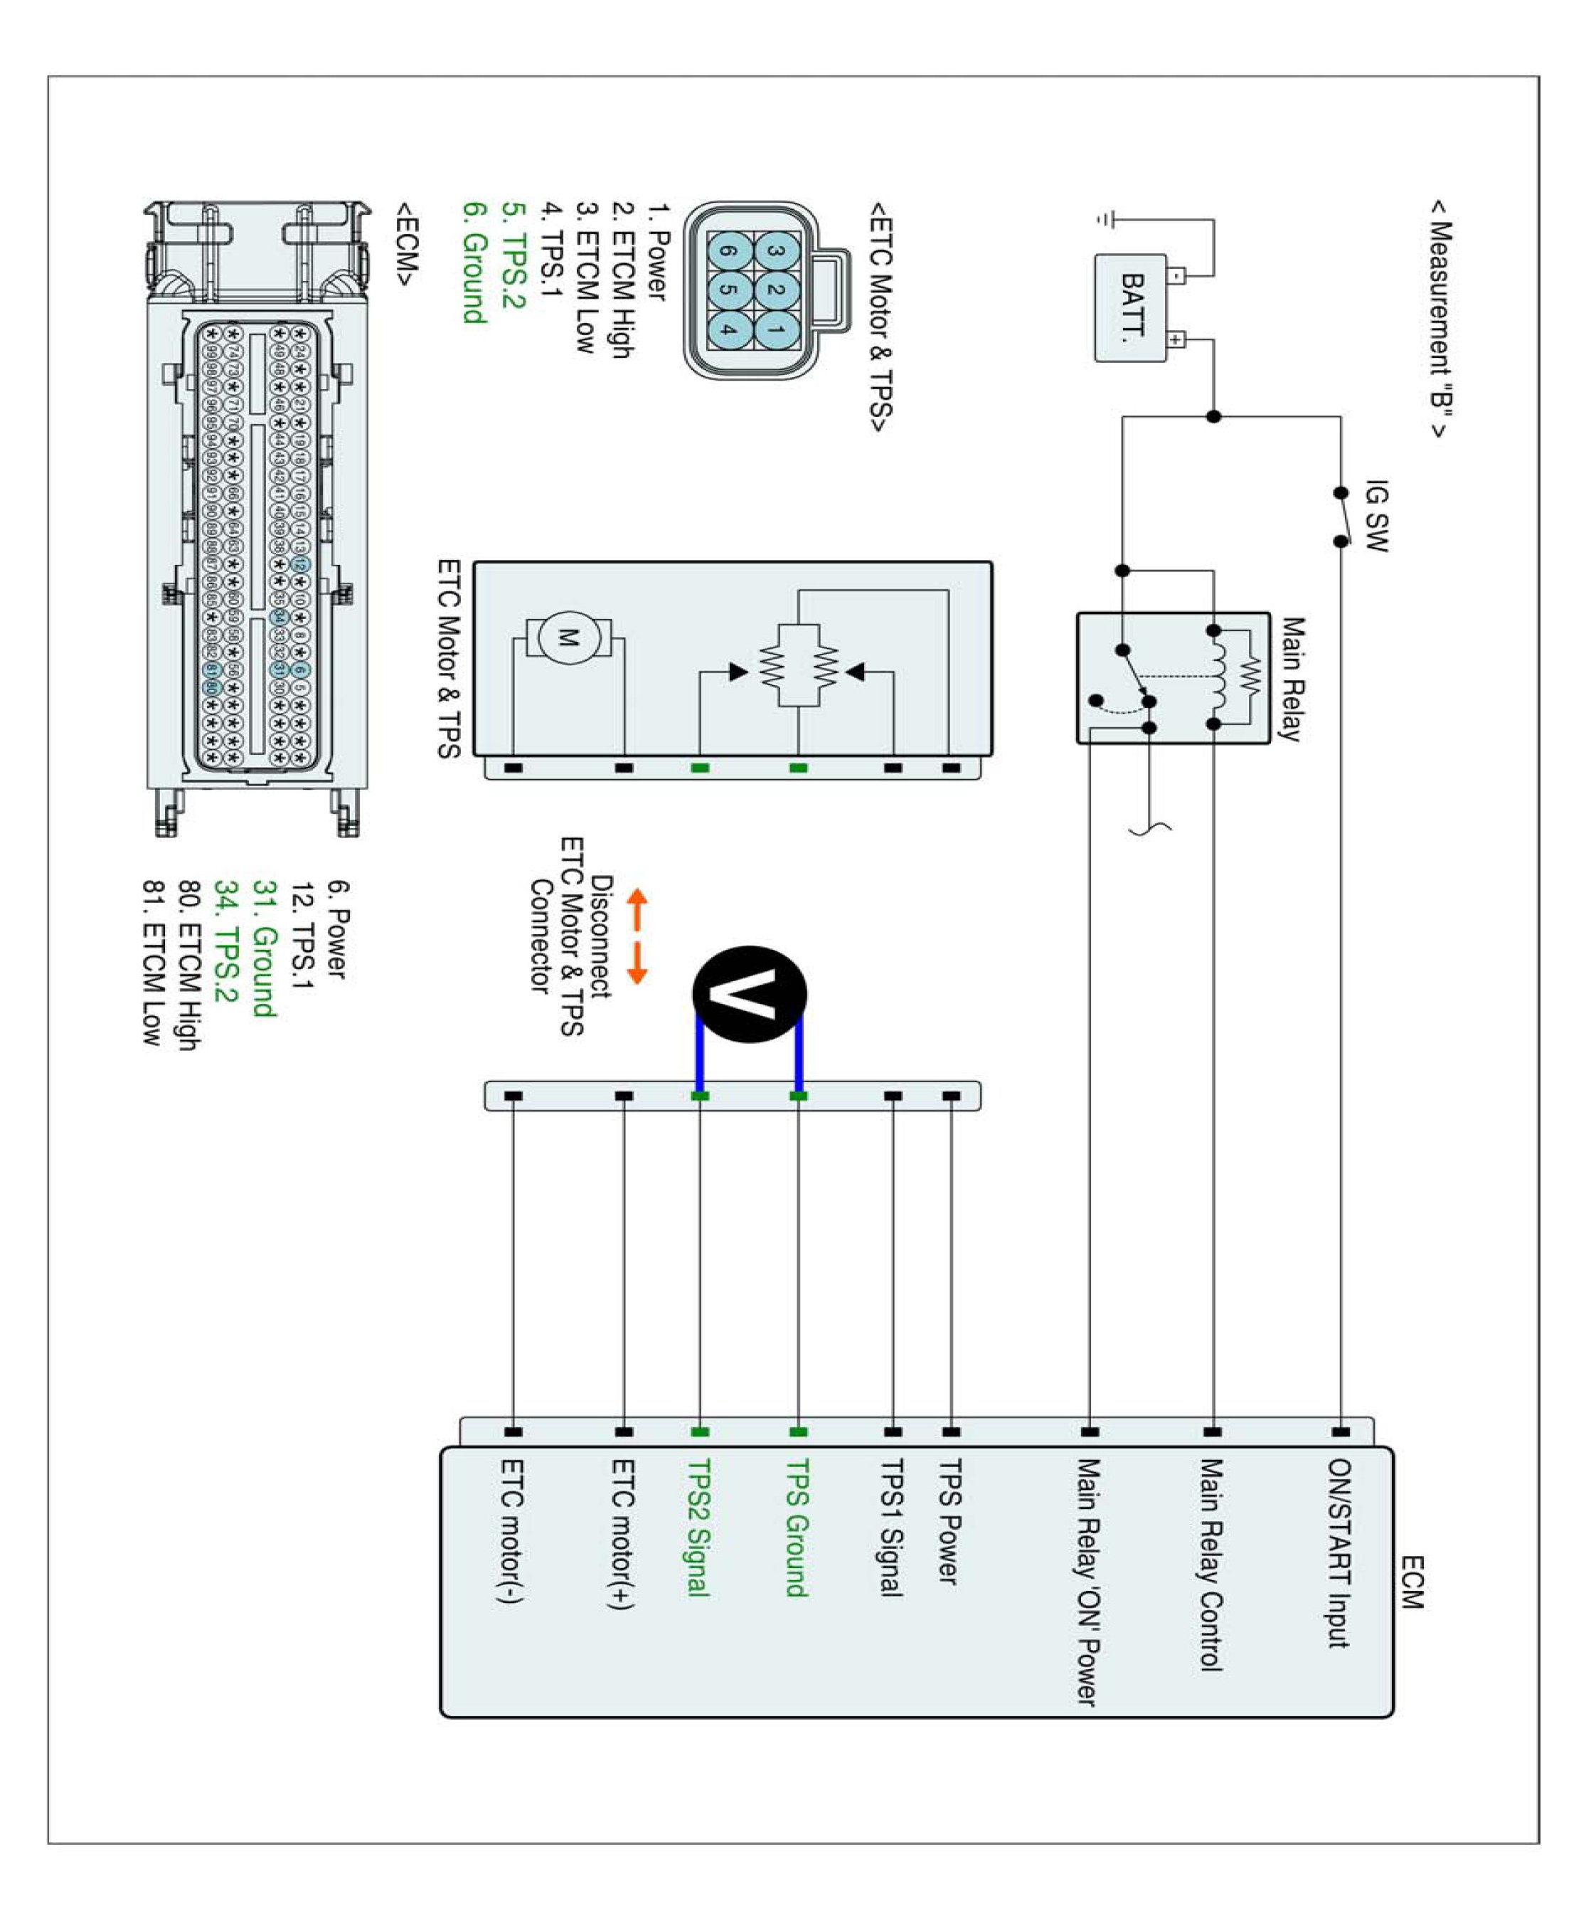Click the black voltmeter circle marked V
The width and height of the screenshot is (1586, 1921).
click(749, 995)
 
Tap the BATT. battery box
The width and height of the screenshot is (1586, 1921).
click(1131, 308)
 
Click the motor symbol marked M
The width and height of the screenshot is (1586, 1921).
click(568, 637)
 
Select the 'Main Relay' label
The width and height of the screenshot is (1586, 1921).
click(1291, 678)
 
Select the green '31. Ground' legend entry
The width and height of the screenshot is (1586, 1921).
click(263, 948)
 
